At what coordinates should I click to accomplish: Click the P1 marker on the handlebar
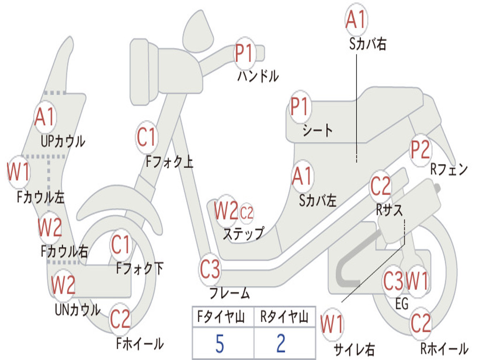[244, 53]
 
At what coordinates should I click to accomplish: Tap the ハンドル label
[258, 76]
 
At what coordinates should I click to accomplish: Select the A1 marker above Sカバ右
[356, 19]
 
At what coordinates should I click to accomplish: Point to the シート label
[317, 130]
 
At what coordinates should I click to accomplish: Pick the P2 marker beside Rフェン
[420, 150]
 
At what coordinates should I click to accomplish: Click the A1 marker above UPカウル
[45, 117]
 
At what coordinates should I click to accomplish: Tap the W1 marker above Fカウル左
[19, 172]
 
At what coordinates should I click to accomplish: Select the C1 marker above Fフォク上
[147, 137]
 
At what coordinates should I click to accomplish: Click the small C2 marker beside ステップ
[247, 212]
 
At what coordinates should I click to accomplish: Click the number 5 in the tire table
[219, 344]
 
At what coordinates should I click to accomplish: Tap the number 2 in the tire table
[281, 344]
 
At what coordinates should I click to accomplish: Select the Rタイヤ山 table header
[284, 317]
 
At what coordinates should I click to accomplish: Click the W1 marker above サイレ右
[332, 324]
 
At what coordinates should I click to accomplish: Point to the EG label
[402, 304]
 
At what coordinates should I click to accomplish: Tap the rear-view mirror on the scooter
[198, 30]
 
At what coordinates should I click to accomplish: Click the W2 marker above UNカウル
[63, 285]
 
